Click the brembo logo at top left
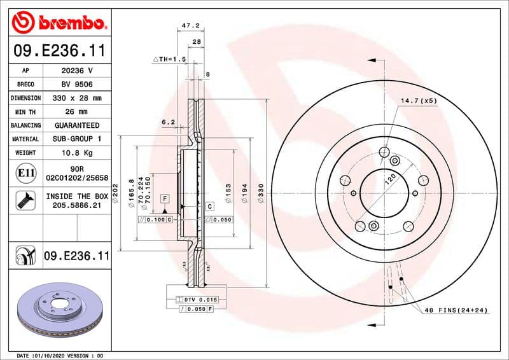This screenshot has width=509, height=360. [x=59, y=24]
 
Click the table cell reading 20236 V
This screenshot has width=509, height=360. [x=77, y=71]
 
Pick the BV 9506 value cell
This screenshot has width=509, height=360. [x=77, y=84]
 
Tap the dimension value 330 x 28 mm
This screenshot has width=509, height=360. [x=77, y=98]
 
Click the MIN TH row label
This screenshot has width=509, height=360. [x=25, y=112]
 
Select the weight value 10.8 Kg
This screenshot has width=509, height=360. [x=77, y=153]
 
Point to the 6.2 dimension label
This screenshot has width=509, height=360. [x=168, y=121]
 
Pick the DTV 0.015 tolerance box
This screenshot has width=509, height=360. [x=200, y=299]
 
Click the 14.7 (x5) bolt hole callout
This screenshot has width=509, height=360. [x=418, y=101]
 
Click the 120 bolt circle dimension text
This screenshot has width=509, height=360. [x=389, y=179]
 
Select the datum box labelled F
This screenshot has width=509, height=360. [x=165, y=198]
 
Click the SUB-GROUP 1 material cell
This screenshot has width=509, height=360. [x=77, y=139]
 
